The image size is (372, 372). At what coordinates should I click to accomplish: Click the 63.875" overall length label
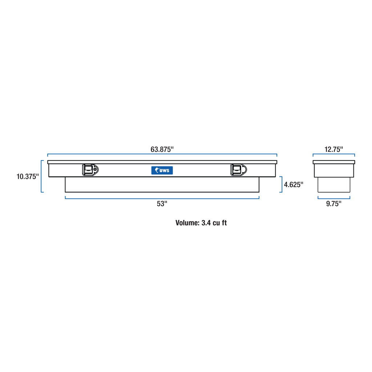pos(162,149)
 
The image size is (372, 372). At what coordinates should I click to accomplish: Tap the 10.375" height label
pos(28,177)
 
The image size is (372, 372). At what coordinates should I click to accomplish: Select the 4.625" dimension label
pos(294,185)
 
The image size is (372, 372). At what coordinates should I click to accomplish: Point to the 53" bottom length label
pos(162,204)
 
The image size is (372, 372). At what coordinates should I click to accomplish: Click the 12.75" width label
pos(333,149)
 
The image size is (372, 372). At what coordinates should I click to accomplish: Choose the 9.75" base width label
pos(333,204)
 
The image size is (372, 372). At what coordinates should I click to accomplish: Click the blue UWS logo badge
pos(162,170)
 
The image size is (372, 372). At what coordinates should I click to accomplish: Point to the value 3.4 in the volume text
pos(206,223)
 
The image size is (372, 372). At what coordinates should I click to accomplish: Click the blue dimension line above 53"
pos(162,198)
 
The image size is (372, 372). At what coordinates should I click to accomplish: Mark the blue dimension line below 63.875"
pos(162,154)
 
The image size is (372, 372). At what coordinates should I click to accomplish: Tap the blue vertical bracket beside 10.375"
pos(42,176)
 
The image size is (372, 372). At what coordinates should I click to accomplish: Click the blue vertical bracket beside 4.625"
pos(282,184)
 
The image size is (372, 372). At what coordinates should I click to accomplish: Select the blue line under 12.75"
pos(333,154)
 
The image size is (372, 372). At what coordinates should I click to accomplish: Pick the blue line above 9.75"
pos(333,198)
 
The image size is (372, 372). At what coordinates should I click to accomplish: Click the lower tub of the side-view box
pos(333,185)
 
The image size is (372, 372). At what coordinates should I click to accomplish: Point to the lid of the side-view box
pos(333,162)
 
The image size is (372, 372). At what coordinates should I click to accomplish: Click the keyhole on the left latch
pos(95,170)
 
